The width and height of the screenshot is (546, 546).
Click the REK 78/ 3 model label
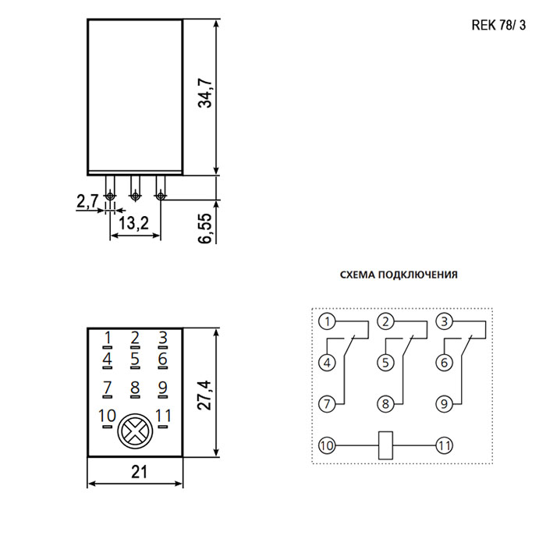[498, 26]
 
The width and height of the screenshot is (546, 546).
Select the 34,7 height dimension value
[205, 93]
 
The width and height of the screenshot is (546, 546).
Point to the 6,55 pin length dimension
[205, 229]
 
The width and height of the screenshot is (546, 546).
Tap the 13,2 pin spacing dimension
[133, 223]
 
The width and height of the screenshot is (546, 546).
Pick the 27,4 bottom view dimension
[205, 395]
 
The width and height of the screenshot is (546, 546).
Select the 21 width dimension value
[140, 472]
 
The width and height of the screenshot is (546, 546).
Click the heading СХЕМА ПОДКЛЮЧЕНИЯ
[399, 275]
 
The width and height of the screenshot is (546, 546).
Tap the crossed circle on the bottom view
[135, 431]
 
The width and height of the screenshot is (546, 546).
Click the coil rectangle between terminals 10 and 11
[385, 445]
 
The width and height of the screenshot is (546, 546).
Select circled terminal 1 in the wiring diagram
[327, 321]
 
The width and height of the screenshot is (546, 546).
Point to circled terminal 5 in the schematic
[385, 363]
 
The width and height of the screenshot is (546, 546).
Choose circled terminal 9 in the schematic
[445, 404]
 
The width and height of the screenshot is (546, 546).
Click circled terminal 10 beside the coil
[327, 445]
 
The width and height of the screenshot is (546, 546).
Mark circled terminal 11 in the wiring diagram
[445, 445]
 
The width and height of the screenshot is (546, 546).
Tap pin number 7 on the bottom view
[108, 387]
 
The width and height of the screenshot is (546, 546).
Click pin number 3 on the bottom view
[163, 338]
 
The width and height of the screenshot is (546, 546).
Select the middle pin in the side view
[135, 188]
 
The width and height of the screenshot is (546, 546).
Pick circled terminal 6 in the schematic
[445, 363]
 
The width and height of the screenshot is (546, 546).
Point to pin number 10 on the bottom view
[108, 416]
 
